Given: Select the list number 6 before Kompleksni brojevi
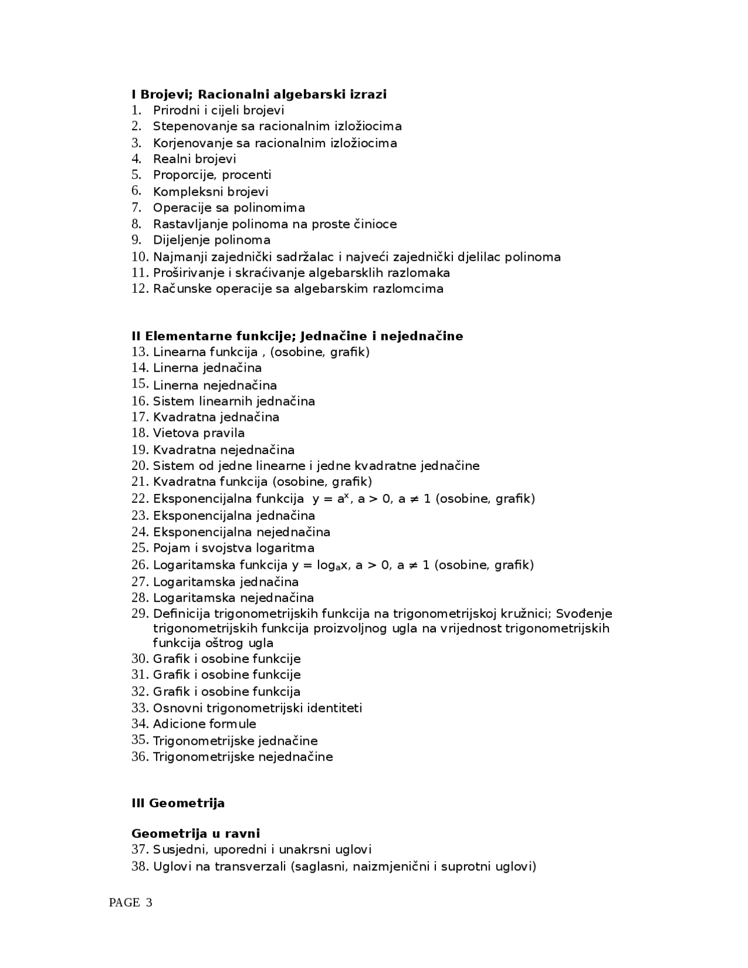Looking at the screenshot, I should (136, 191).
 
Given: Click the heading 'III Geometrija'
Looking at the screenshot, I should (178, 803).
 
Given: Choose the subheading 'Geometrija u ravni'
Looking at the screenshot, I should (196, 833).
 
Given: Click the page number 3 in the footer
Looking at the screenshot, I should (149, 903).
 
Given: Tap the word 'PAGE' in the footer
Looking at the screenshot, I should (124, 903).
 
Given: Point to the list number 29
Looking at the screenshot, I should (140, 613).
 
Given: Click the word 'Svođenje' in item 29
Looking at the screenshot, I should (584, 613).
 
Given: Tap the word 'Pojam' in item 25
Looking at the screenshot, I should (171, 548).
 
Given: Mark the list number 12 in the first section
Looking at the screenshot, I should (140, 288).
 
